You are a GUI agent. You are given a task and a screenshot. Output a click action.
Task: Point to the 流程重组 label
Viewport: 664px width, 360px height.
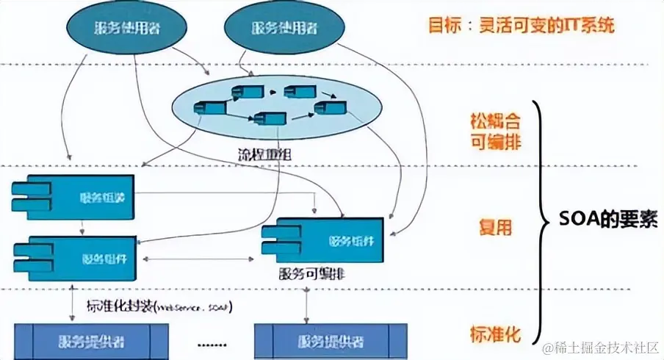coord(252,156)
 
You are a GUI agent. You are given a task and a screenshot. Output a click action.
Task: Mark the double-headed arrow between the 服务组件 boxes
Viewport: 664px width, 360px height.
coord(199,259)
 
